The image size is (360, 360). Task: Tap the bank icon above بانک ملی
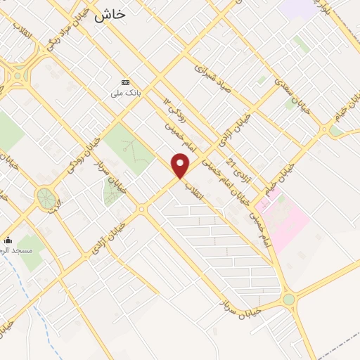tap(126, 82)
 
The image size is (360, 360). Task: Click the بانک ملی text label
tap(126, 91)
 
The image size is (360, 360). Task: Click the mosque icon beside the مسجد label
tap(8, 240)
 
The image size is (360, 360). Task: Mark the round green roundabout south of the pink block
tap(288, 300)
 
